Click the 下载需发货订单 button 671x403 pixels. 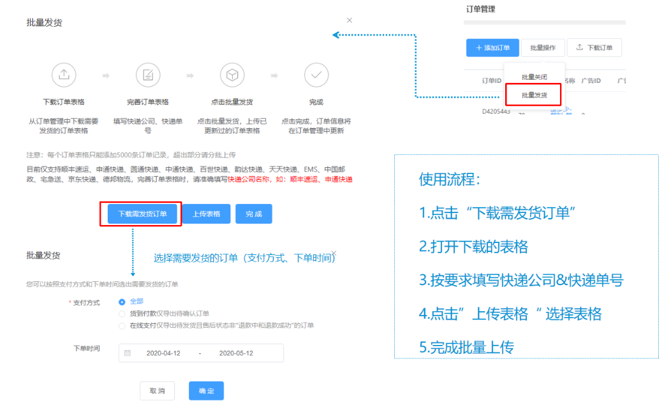click(x=142, y=214)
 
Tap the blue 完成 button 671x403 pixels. click(x=253, y=214)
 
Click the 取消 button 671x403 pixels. click(x=157, y=391)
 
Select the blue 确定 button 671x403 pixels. click(x=206, y=391)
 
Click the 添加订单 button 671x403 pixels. click(x=492, y=48)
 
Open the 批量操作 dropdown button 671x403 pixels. click(x=542, y=48)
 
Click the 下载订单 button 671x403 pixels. click(x=594, y=48)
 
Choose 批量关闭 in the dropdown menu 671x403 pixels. click(x=534, y=77)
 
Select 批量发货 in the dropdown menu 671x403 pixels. click(x=534, y=95)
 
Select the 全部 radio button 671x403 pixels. click(x=122, y=302)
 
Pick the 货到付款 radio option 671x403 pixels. click(x=122, y=314)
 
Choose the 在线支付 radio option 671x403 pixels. click(x=122, y=326)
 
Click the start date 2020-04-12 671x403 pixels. click(x=163, y=353)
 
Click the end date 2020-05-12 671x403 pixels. click(x=235, y=353)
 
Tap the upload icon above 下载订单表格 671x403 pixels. click(x=64, y=75)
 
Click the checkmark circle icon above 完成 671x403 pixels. click(x=316, y=75)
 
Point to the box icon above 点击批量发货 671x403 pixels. click(x=232, y=75)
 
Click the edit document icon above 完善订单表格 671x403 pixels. click(x=148, y=75)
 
